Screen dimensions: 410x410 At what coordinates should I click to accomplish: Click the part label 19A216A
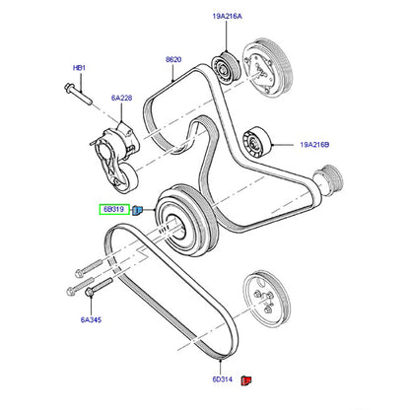(228, 16)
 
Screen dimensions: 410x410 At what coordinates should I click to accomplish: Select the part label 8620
(173, 60)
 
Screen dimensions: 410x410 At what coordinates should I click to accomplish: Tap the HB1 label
(79, 68)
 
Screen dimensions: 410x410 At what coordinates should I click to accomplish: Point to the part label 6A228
(121, 98)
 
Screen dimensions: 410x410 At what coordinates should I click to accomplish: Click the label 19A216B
(314, 145)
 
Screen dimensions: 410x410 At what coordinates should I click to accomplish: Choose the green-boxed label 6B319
(114, 209)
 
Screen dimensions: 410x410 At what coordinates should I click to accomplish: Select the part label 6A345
(91, 319)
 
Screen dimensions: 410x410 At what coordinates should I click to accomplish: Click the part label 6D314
(223, 379)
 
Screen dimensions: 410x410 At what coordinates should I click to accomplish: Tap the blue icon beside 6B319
(137, 209)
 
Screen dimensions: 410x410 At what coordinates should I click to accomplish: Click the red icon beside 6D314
(246, 380)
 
